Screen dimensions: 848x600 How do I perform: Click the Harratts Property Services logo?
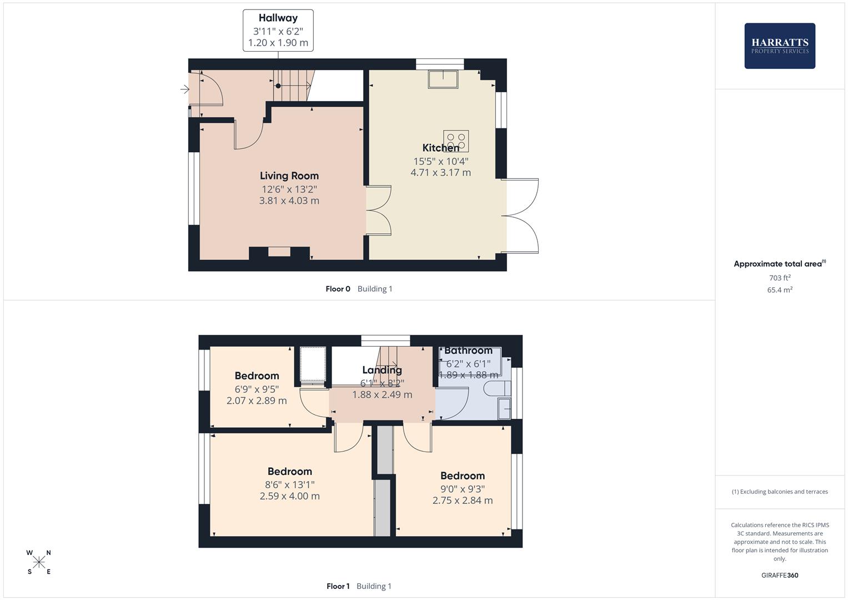click(x=780, y=46)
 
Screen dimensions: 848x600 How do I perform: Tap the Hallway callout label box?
click(x=278, y=31)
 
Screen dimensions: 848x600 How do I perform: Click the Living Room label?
click(x=289, y=176)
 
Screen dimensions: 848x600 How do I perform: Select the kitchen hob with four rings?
click(x=456, y=141)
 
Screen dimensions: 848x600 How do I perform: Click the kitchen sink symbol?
click(x=443, y=79)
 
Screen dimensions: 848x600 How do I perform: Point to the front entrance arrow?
click(x=185, y=89)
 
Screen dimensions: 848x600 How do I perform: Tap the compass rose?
click(x=39, y=562)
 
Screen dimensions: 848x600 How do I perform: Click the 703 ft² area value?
click(x=780, y=278)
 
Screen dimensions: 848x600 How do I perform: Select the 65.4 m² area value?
click(x=780, y=290)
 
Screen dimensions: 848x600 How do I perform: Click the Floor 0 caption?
click(x=338, y=289)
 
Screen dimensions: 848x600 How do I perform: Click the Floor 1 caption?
click(x=338, y=586)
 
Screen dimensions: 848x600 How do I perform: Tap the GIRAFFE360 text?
click(x=780, y=576)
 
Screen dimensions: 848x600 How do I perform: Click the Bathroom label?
click(x=468, y=351)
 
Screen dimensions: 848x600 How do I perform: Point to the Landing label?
click(x=382, y=370)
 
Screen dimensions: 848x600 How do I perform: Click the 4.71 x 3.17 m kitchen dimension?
click(x=440, y=173)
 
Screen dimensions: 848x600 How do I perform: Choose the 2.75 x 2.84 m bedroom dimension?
click(x=463, y=501)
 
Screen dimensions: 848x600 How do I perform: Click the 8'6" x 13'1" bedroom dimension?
click(x=289, y=484)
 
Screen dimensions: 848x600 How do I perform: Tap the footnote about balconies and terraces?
click(x=780, y=492)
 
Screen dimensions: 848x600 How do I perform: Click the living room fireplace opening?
click(x=279, y=252)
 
